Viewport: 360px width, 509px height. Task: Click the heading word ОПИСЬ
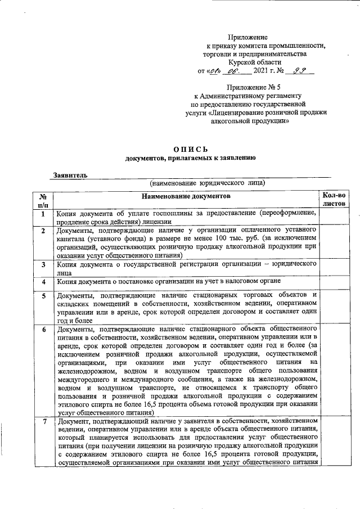coord(191,149)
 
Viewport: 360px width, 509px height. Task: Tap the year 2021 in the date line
coord(264,72)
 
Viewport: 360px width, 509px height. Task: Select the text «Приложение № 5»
coord(253,88)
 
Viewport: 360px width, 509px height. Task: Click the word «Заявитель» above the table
coord(70,175)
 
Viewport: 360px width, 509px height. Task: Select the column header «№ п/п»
coord(42,201)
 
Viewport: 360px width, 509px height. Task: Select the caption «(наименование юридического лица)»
coord(207,184)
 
